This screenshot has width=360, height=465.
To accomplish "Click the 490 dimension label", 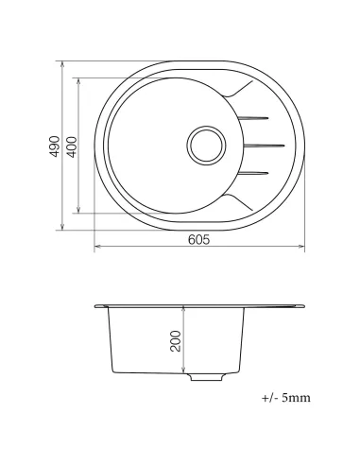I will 56,146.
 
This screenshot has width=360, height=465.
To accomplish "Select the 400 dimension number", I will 72,146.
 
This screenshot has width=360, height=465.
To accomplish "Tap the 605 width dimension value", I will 198,239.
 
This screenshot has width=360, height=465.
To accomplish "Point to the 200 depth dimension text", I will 175,339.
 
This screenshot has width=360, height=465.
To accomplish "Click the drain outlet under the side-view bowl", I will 204,377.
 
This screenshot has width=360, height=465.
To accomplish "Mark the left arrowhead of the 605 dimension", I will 96,250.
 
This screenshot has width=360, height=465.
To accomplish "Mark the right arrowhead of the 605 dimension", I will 303,250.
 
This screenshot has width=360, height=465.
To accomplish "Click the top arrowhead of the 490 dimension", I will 63,64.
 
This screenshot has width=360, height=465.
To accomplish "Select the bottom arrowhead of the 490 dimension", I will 63,228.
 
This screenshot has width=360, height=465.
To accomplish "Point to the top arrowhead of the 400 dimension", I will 79,78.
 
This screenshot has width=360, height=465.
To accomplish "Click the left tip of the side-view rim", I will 97,305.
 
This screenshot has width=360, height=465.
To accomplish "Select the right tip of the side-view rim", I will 304,305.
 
